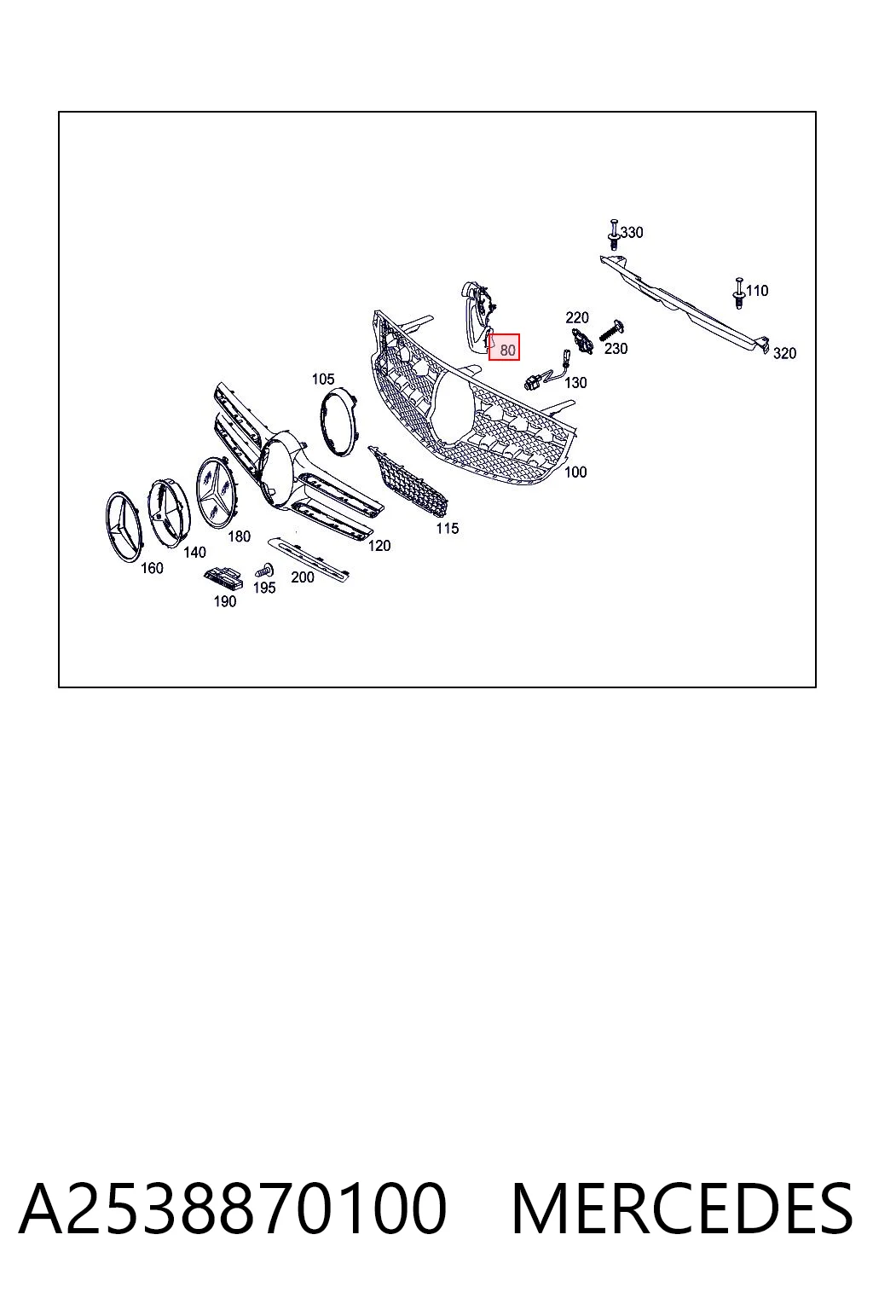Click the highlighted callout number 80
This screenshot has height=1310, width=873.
(x=507, y=351)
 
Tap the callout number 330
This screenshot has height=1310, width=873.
(x=632, y=232)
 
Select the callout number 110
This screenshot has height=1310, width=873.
(x=757, y=291)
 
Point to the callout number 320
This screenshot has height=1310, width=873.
(x=784, y=353)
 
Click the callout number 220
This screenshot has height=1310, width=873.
(x=577, y=317)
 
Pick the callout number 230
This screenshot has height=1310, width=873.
(x=616, y=349)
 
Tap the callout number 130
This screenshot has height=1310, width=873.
(x=575, y=382)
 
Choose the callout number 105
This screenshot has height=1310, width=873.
(x=323, y=379)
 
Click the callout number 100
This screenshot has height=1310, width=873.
(x=575, y=472)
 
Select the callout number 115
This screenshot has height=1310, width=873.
(x=448, y=529)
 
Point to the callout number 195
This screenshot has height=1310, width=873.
(x=264, y=588)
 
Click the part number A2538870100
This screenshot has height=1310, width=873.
(x=232, y=1209)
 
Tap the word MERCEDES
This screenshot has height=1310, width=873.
(x=682, y=1209)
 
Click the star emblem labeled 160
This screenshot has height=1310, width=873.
(x=124, y=528)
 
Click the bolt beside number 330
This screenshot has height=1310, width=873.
(x=613, y=235)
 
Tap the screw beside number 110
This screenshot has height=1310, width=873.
(x=739, y=293)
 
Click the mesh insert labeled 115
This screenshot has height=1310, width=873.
(x=408, y=478)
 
